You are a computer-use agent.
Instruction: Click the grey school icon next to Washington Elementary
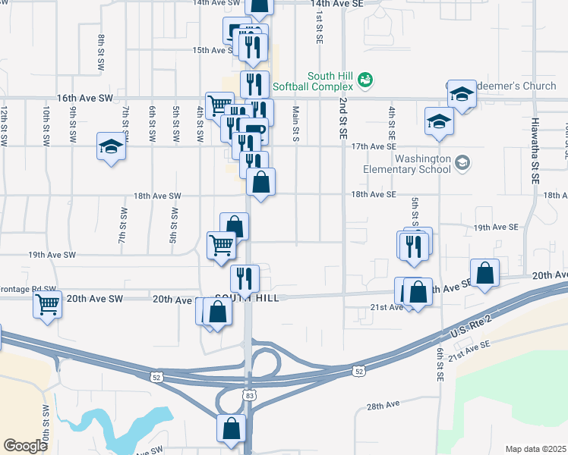click(462, 162)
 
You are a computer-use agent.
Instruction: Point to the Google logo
click(25, 446)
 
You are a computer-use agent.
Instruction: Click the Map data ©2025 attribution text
click(535, 449)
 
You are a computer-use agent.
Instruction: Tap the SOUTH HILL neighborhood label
click(247, 298)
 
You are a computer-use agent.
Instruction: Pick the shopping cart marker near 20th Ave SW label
click(48, 306)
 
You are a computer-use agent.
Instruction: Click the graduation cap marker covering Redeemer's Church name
click(461, 94)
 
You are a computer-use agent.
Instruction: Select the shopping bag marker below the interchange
click(232, 428)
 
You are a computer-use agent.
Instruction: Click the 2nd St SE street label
click(343, 117)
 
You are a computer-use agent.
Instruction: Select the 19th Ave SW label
click(52, 256)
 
